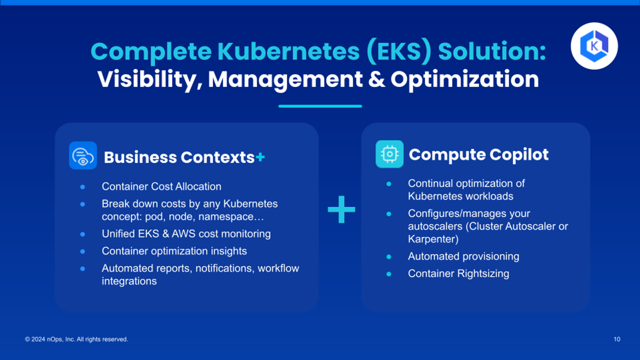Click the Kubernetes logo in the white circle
coord(594,46)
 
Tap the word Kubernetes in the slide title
coord(289,52)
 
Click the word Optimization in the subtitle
coord(465,79)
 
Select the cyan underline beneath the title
coord(321,106)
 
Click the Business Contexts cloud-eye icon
coord(83,155)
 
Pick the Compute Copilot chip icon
coord(389,154)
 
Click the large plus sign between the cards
coord(341,210)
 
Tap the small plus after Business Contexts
coord(260,157)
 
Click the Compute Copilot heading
coord(478,155)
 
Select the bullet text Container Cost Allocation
coord(162,187)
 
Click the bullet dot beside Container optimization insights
coord(83,251)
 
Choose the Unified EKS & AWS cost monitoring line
coord(186,234)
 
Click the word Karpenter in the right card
coord(433,239)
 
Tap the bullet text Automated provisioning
coord(463,257)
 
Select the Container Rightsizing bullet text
coord(459,274)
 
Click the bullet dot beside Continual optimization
coord(389,184)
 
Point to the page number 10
coord(617,339)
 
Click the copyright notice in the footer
coord(76,339)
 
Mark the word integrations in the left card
coord(129,281)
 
